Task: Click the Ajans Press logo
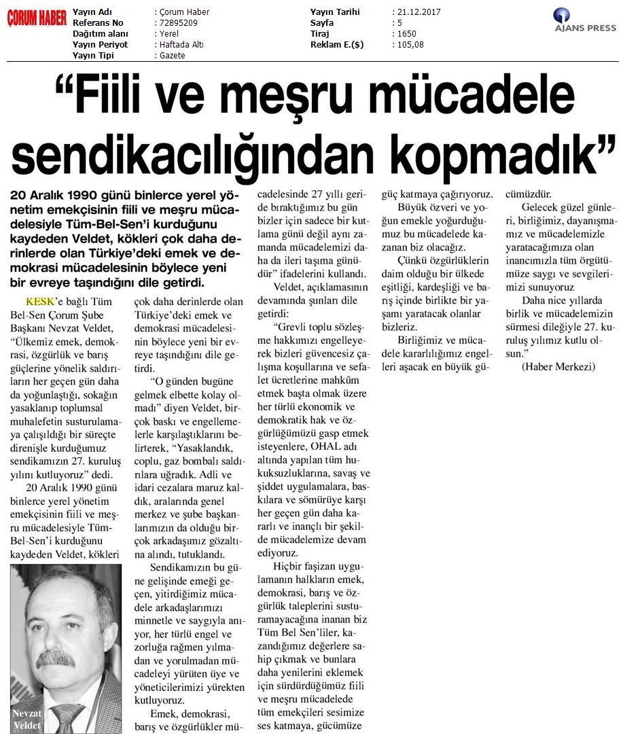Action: coord(584,20)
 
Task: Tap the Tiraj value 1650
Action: coord(407,34)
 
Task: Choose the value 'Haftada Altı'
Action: coord(180,45)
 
